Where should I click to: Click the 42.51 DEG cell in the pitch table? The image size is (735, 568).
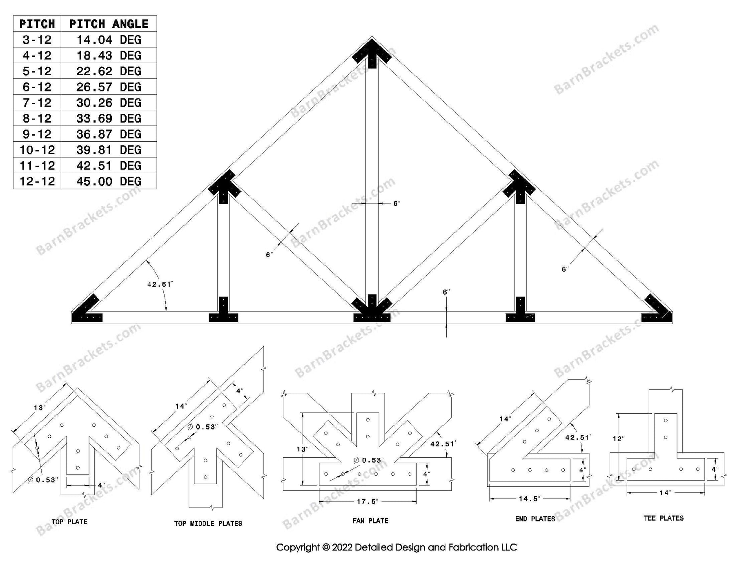(x=109, y=165)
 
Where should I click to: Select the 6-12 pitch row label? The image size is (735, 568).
(x=37, y=87)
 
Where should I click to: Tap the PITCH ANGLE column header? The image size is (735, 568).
(x=109, y=24)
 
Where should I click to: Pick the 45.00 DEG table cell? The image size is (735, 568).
(x=109, y=181)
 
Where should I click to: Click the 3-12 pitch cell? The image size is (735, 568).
(x=37, y=40)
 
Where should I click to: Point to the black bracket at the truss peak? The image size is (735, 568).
(x=372, y=52)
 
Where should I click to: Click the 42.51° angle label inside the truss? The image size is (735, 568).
(x=160, y=284)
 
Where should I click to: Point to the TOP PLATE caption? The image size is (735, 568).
(x=69, y=522)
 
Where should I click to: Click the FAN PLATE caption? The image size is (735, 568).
(x=370, y=521)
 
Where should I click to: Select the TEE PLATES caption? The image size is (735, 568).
(x=663, y=518)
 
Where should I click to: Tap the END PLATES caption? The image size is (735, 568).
(x=535, y=519)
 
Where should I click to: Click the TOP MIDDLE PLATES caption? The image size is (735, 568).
(x=208, y=523)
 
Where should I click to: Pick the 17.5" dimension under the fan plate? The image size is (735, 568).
(x=367, y=501)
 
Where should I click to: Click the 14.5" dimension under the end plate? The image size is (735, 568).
(x=530, y=499)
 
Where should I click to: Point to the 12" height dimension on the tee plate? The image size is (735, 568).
(x=619, y=439)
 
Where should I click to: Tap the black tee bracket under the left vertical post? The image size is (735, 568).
(x=223, y=312)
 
